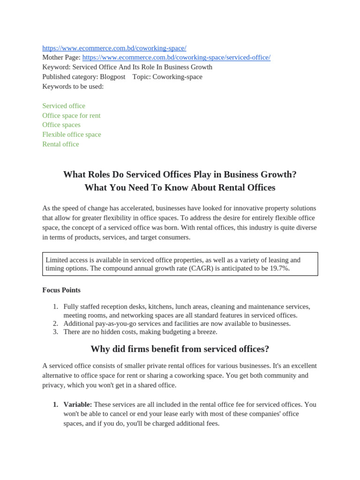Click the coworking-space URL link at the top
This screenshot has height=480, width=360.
click(114, 48)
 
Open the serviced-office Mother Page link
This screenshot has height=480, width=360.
click(176, 58)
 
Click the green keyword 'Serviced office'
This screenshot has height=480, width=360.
click(64, 106)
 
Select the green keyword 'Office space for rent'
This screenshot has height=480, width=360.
click(71, 115)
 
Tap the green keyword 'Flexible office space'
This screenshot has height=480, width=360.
click(72, 135)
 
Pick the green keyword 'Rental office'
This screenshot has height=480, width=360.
click(60, 144)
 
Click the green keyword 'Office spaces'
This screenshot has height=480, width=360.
click(61, 125)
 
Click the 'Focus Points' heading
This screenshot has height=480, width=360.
click(61, 290)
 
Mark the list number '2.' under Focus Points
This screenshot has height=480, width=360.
click(55, 323)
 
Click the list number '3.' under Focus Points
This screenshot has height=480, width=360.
click(55, 332)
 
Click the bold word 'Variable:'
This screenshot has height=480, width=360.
click(78, 404)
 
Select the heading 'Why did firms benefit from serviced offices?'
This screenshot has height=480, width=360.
click(180, 349)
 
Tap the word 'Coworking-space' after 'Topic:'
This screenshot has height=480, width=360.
click(177, 77)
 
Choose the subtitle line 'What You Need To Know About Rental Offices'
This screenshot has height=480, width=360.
click(180, 187)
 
